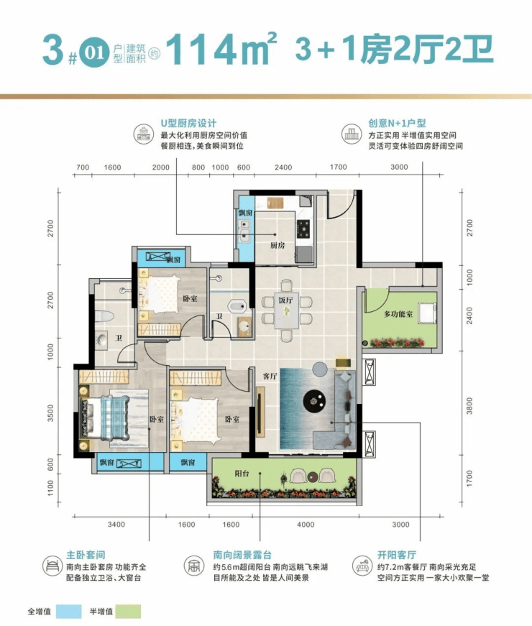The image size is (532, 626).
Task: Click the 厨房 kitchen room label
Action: (278, 245)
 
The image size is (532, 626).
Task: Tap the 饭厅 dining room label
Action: (285, 300)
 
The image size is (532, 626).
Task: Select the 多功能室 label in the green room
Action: (398, 314)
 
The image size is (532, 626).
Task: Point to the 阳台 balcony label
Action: (242, 474)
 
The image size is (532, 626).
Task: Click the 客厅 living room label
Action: (270, 376)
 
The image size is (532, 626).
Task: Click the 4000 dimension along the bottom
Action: (306, 525)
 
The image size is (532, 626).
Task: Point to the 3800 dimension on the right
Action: (469, 405)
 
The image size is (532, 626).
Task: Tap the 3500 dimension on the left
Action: (50, 413)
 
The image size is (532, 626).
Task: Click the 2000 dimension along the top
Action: (160, 167)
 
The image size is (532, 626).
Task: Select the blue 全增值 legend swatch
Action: (69, 611)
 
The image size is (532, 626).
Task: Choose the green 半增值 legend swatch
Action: (128, 611)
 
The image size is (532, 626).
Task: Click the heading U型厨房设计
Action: (188, 124)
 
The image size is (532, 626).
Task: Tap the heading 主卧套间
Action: (86, 555)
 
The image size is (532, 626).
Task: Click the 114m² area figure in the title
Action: (221, 49)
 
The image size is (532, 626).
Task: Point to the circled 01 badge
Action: (94, 53)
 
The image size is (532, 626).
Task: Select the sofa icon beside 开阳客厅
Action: (362, 566)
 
